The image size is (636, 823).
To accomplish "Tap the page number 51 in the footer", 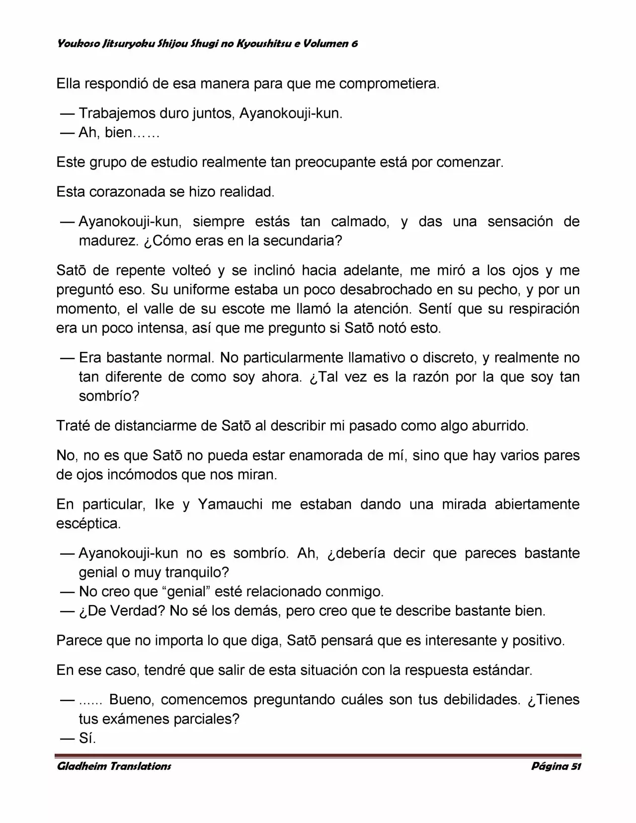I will (575, 766).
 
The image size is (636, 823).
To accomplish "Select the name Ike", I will (164, 504).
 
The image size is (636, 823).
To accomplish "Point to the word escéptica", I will (88, 524).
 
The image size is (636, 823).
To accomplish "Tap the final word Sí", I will (87, 739).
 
